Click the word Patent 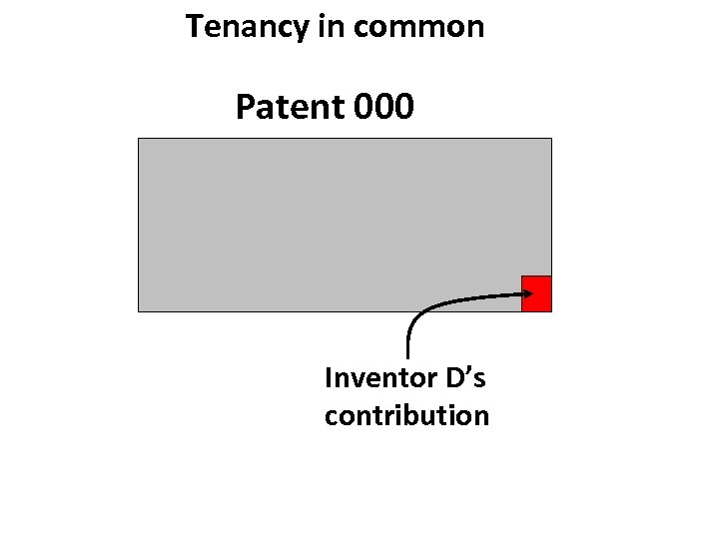click(290, 106)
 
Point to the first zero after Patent click(362, 106)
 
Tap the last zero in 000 click(402, 106)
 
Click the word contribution click(406, 414)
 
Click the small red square click(536, 293)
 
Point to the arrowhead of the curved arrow click(528, 292)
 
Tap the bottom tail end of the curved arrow click(408, 355)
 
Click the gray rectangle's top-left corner click(139, 139)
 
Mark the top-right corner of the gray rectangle click(550, 139)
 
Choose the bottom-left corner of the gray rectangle click(139, 310)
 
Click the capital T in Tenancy click(194, 27)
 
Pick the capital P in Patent click(245, 106)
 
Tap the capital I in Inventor click(329, 378)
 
